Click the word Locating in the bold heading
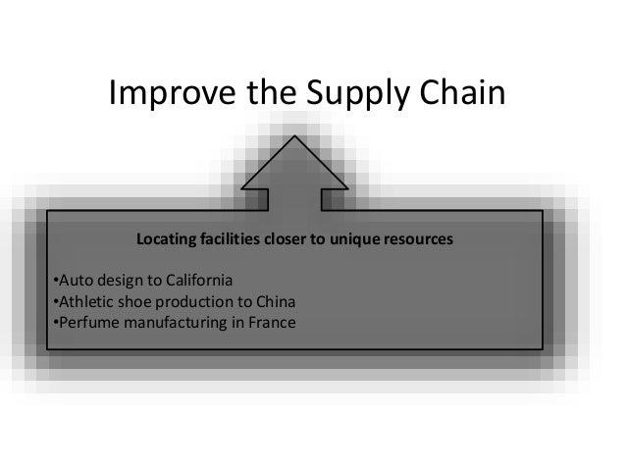[168, 238]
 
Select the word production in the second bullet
[196, 299]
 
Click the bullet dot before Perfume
[52, 320]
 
